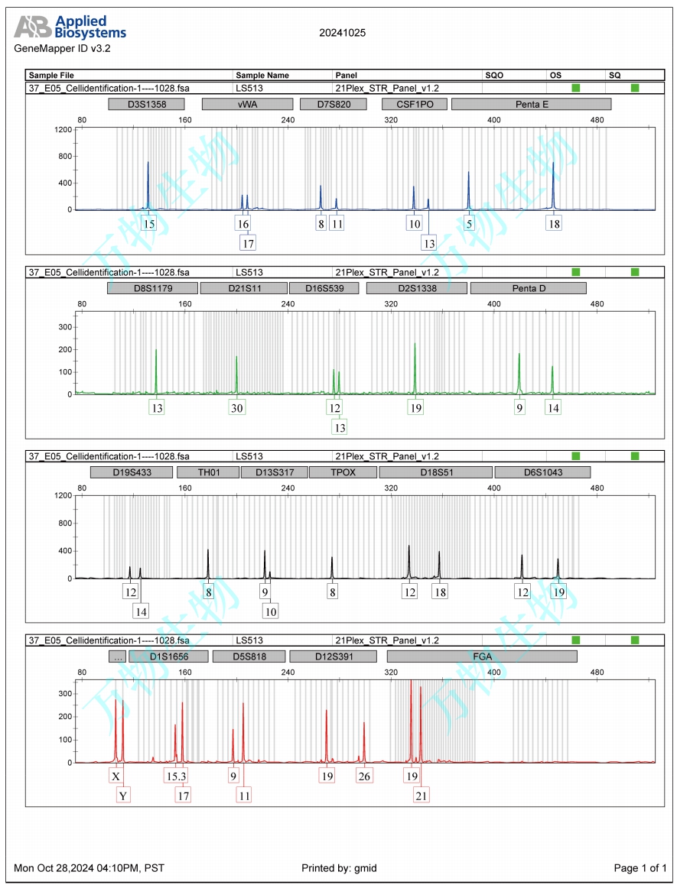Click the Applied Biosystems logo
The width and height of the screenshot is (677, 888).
click(70, 27)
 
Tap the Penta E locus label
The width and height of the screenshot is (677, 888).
click(531, 104)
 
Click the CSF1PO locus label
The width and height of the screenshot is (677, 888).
click(414, 104)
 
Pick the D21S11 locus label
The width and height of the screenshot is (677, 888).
click(242, 288)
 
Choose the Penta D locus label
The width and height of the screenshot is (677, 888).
click(528, 288)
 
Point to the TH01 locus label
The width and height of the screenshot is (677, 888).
click(208, 472)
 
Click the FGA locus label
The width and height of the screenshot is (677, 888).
click(482, 656)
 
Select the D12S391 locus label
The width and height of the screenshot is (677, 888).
click(334, 656)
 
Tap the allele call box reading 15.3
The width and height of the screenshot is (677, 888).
click(176, 776)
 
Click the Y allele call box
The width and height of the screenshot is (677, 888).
click(123, 796)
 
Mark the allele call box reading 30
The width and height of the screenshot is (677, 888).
click(237, 408)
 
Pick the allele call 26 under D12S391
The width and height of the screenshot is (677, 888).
click(364, 776)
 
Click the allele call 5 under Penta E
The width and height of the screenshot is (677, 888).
click(470, 224)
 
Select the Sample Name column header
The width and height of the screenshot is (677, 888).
click(262, 76)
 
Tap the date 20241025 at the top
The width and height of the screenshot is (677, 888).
click(342, 33)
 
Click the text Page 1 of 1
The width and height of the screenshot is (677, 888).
click(640, 868)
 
